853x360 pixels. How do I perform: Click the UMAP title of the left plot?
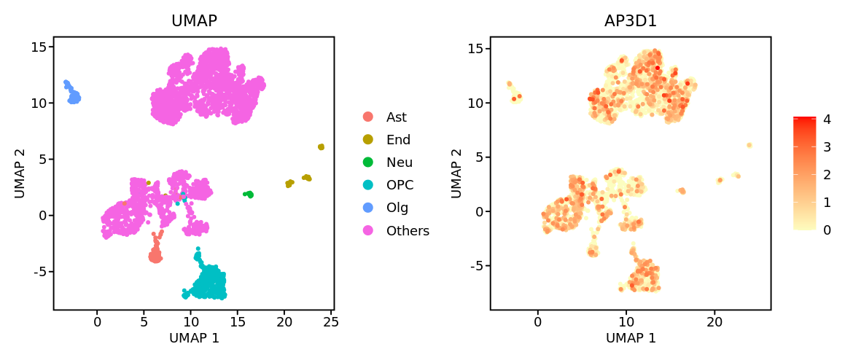(x=194, y=21)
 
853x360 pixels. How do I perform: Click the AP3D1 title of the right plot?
(x=631, y=21)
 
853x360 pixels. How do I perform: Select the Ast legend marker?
(x=368, y=117)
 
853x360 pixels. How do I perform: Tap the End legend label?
(x=398, y=140)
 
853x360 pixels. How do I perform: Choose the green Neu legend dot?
(x=368, y=163)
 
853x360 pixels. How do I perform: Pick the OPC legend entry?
(x=398, y=185)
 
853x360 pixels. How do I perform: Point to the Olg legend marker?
(x=368, y=208)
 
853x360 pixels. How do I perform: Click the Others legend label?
(x=408, y=231)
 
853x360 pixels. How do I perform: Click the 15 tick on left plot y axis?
(x=38, y=47)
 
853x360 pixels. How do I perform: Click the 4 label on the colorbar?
(x=827, y=120)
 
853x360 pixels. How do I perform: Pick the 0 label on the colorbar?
(x=827, y=230)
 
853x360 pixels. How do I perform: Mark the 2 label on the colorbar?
(x=827, y=175)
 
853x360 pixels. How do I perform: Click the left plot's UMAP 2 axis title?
(x=20, y=173)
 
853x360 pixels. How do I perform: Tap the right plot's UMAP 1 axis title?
(x=631, y=338)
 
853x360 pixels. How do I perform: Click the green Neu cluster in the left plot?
(x=249, y=195)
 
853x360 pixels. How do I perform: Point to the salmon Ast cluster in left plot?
(x=155, y=255)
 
